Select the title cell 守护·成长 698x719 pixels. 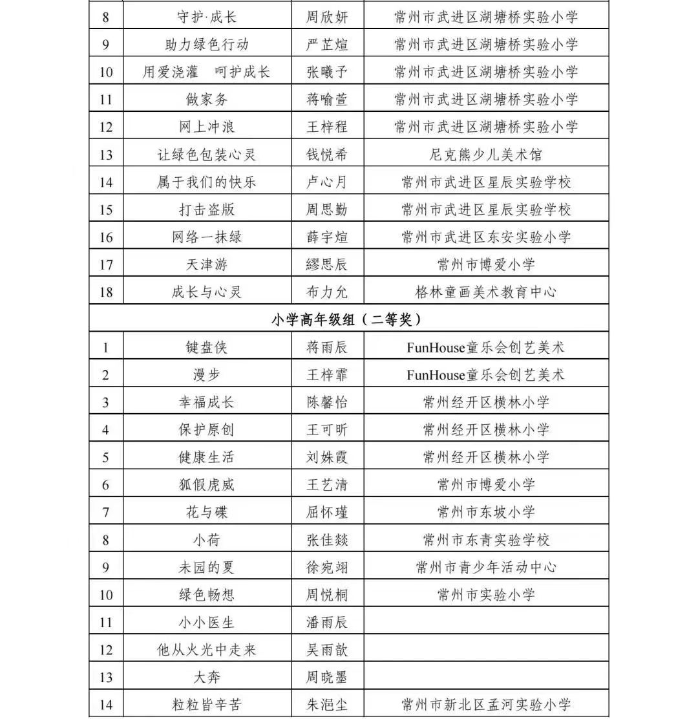[x=207, y=17]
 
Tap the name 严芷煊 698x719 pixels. [x=327, y=45]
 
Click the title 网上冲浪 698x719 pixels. [x=207, y=127]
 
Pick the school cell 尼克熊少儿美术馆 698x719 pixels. [x=485, y=155]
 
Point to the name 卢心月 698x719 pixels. [x=327, y=182]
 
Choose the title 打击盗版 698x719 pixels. [x=207, y=209]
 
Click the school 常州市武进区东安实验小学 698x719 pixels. [x=485, y=237]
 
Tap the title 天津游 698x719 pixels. [x=207, y=264]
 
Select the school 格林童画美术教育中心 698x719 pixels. [x=485, y=292]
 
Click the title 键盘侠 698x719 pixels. [x=207, y=347]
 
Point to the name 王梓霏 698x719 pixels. [x=327, y=375]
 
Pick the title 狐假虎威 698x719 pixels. [x=207, y=485]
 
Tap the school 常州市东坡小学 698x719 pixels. [x=485, y=512]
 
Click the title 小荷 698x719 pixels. [x=207, y=540]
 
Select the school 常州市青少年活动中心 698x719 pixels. [x=485, y=567]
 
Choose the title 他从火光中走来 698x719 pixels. [x=207, y=650]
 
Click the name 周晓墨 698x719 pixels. [x=327, y=677]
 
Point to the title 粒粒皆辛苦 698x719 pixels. [x=207, y=705]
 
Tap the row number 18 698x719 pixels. [x=107, y=292]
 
